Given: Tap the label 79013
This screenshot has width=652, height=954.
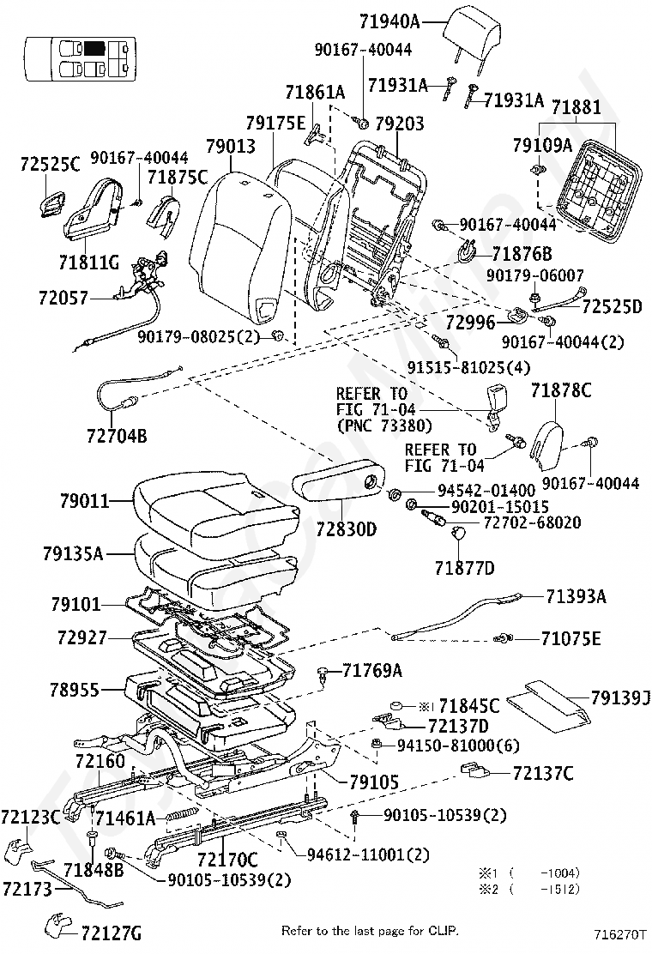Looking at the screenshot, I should point(231,146).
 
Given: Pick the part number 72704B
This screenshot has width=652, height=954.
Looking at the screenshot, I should point(116,436).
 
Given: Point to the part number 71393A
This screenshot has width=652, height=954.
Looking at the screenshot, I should point(575,596).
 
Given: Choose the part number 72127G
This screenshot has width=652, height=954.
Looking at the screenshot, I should point(112,933).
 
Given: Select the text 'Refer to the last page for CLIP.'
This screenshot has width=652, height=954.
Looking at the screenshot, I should point(370,930).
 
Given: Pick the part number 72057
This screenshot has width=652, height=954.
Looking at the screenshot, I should point(62,298).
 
